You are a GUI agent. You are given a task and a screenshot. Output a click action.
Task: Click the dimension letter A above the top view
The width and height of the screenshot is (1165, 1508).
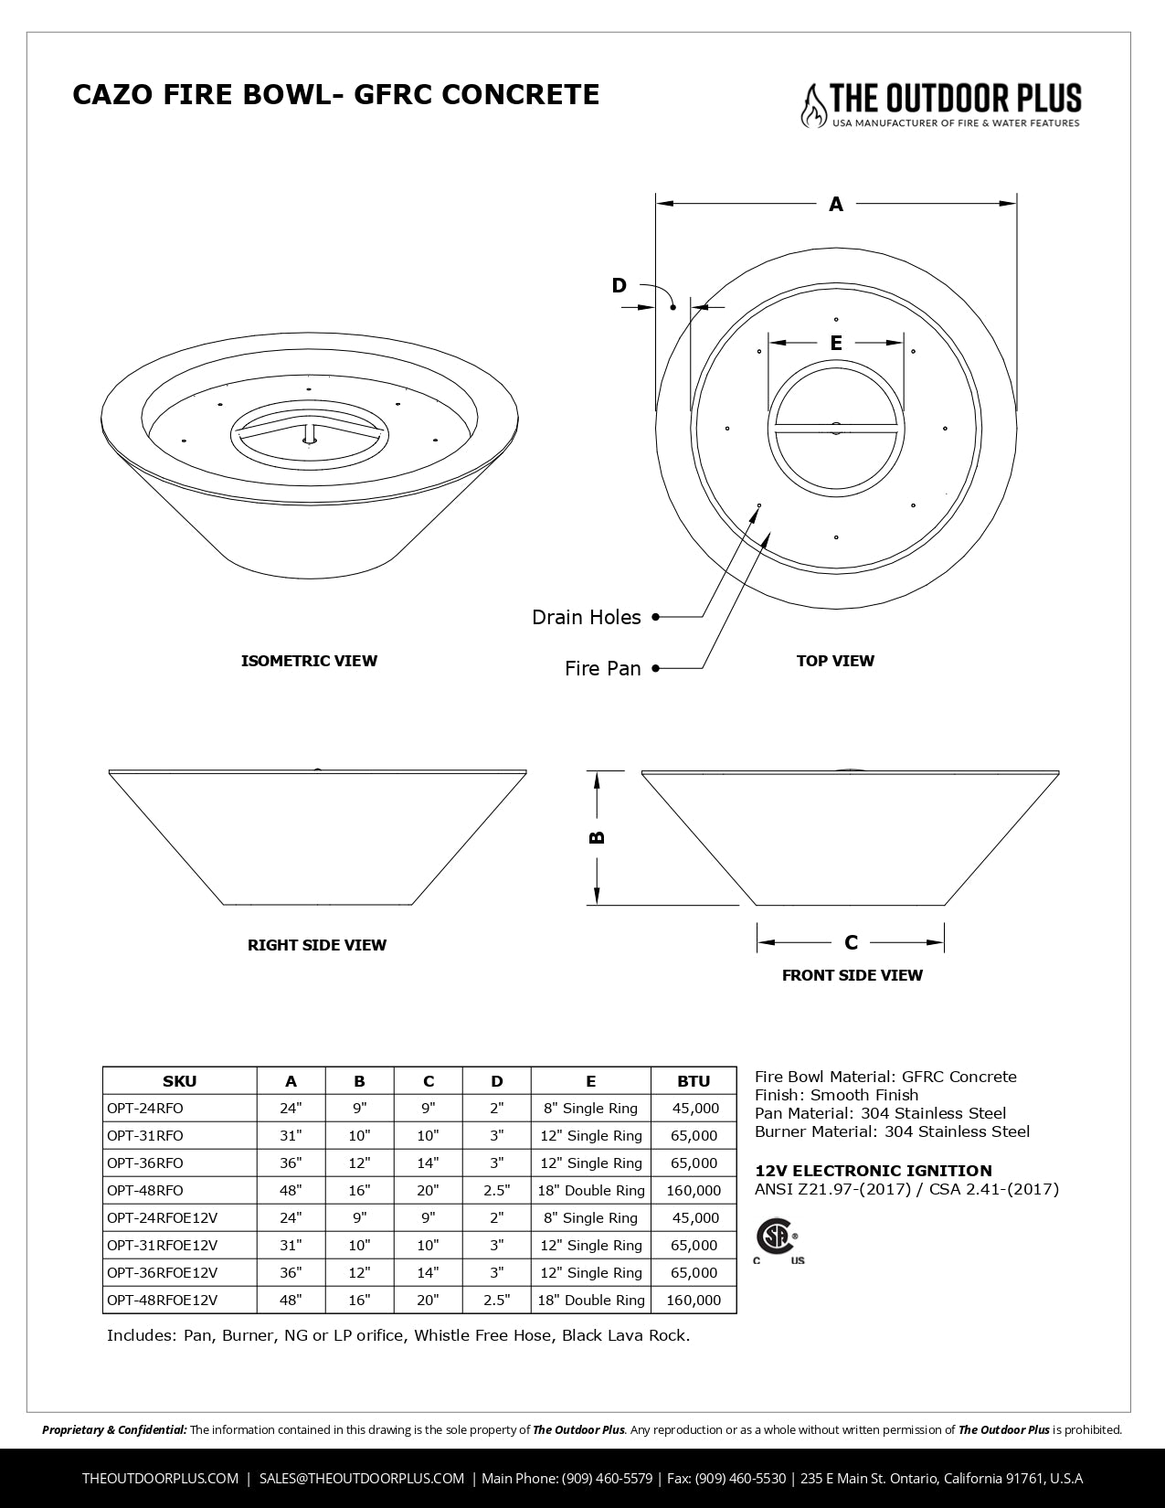[x=836, y=205]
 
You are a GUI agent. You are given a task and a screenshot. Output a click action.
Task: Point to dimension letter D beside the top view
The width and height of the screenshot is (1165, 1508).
[x=620, y=286]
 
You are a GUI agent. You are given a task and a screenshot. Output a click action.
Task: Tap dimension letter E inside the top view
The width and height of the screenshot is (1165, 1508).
[x=836, y=344]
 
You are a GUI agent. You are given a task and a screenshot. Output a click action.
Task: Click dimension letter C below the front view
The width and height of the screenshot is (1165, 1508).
[x=851, y=942]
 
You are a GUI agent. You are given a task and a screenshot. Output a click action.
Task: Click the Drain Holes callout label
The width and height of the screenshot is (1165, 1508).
[x=587, y=618]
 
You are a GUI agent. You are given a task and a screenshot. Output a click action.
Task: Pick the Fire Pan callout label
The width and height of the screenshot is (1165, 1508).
[x=603, y=669]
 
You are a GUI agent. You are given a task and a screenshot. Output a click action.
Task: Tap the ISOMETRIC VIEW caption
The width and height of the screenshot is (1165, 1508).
[x=309, y=661]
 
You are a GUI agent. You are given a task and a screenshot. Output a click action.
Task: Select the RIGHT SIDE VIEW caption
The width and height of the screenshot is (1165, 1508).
[x=317, y=945]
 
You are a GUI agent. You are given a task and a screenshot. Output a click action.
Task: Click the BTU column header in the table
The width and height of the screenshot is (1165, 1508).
[x=694, y=1081]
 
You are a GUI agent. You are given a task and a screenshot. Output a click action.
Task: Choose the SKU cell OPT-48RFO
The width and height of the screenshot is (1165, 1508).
[x=145, y=1190]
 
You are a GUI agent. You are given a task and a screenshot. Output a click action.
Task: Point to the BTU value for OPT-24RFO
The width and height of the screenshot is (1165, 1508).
[x=695, y=1109]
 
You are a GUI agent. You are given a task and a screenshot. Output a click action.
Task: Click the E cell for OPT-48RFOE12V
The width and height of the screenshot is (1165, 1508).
[x=591, y=1300]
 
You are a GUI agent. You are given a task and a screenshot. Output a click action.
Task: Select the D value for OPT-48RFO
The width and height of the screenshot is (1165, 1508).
[x=496, y=1190]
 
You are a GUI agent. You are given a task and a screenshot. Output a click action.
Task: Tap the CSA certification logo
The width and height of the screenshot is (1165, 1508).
[x=776, y=1239]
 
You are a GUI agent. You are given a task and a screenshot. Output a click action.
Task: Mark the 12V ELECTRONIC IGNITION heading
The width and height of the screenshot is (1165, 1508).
[x=873, y=1171]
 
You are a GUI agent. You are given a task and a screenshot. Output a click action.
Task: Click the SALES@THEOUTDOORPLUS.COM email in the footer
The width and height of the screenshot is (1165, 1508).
[x=362, y=1478]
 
